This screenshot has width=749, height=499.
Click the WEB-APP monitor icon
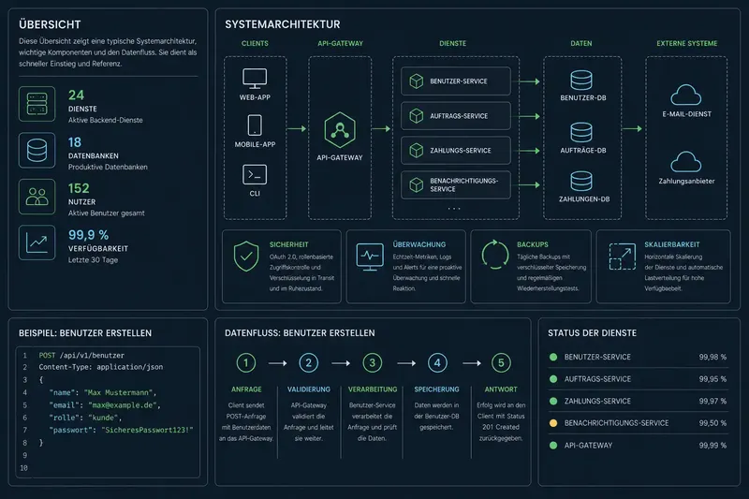click(255, 79)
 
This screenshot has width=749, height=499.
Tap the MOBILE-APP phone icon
click(255, 125)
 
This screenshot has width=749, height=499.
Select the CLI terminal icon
click(255, 175)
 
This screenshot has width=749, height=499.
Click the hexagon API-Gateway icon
click(340, 130)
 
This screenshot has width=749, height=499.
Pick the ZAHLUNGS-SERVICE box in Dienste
click(456, 151)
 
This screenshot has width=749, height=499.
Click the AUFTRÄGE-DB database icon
click(581, 132)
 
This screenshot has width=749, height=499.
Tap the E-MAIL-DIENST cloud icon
click(686, 95)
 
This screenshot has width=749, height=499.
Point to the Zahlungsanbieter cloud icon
click(686, 162)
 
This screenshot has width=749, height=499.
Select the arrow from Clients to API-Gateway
click(297, 128)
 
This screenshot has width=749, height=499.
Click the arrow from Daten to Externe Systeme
click(633, 128)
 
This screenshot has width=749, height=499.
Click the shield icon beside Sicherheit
click(246, 256)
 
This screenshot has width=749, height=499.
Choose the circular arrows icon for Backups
click(495, 255)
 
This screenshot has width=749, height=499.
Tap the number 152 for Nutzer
click(79, 188)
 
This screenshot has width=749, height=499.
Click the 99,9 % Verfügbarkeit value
click(88, 235)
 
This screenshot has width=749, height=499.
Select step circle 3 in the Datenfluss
click(372, 363)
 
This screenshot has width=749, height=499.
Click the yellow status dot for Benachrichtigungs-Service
click(553, 423)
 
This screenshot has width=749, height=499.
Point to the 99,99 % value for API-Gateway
click(712, 446)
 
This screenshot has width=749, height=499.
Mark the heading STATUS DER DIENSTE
click(592, 333)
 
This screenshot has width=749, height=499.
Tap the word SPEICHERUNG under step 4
click(436, 389)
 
